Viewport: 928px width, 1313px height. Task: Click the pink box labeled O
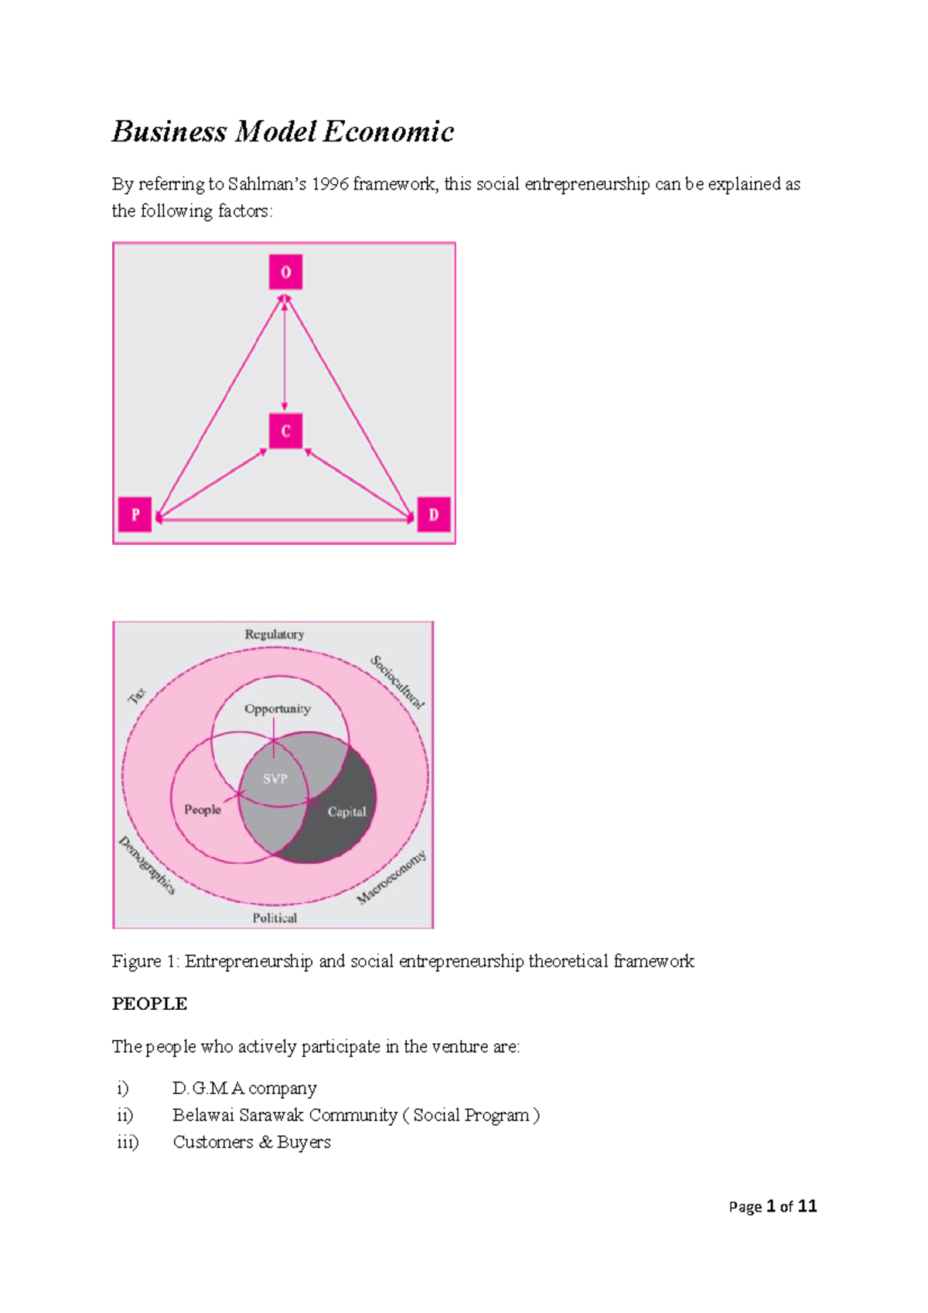285,272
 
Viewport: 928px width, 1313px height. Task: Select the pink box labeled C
285,431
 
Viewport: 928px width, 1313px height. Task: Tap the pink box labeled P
135,514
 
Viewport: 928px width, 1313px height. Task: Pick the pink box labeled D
433,514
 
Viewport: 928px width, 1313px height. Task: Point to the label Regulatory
275,634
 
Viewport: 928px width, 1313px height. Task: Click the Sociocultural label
397,681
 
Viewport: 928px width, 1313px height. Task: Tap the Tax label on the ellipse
137,695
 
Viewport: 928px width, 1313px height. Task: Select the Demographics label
147,865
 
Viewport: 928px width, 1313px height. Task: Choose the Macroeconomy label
391,877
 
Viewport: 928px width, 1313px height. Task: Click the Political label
275,918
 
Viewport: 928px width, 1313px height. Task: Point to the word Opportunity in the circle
277,708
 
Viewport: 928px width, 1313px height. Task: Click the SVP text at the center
275,779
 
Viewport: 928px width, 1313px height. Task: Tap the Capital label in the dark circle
346,811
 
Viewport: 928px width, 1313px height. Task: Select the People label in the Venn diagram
203,809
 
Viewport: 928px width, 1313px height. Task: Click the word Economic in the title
388,131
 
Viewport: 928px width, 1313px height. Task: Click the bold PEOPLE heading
149,1004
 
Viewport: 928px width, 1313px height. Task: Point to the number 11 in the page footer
807,1206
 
